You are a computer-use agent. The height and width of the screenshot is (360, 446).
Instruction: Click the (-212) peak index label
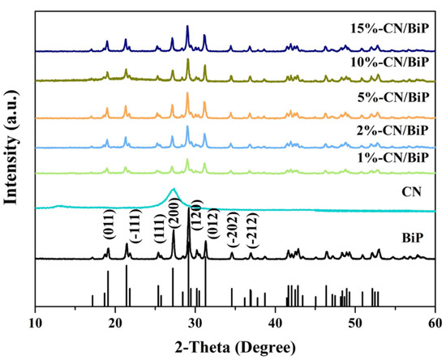(252, 233)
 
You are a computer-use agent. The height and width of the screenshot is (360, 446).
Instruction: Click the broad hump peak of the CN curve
(173, 190)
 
